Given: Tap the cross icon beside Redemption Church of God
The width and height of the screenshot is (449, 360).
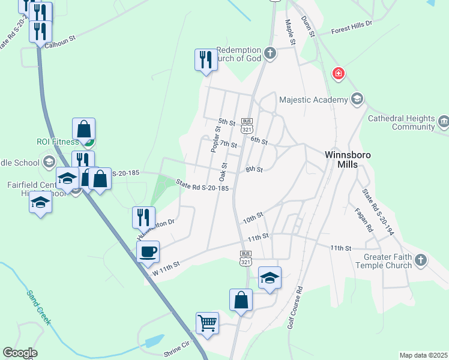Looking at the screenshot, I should (x=270, y=53).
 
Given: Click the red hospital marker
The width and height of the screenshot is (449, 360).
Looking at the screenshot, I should (x=339, y=73).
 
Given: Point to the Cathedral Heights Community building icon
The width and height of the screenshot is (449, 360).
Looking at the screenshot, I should (x=444, y=122).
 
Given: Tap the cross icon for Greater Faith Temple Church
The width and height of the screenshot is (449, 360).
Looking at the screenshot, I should (x=421, y=260).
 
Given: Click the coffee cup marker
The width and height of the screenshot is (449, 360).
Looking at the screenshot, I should (x=148, y=251).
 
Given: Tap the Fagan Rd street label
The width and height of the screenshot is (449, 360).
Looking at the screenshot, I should (x=364, y=220).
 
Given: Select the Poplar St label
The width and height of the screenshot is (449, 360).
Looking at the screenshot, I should (x=216, y=140).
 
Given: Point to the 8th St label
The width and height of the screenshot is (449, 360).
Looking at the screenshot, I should (x=254, y=170).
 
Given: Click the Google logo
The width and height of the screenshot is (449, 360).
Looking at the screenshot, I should (x=20, y=353).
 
